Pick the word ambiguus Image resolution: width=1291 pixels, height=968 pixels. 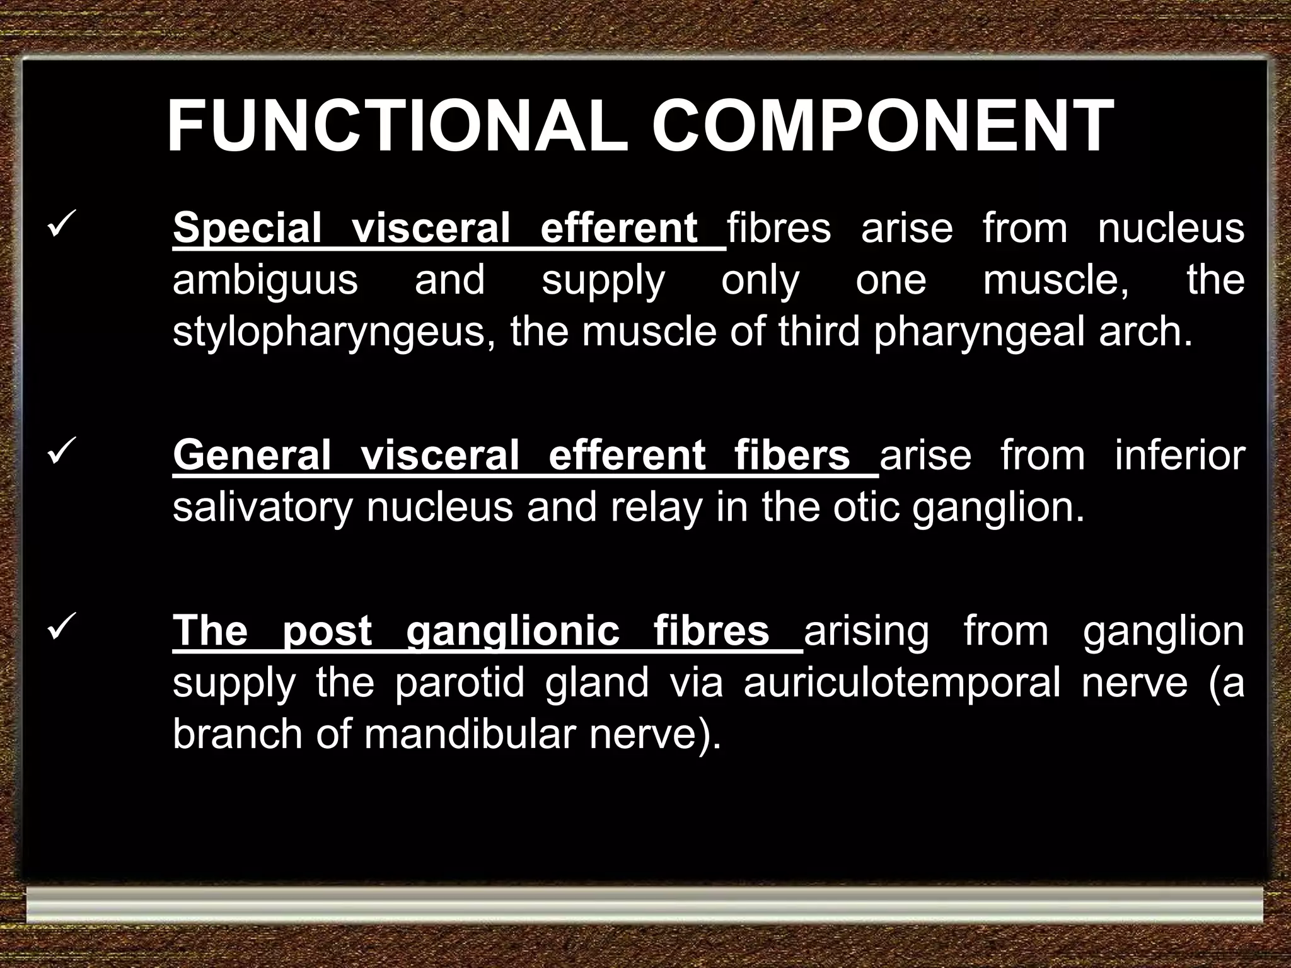(265, 280)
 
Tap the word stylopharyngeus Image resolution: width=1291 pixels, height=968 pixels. (333, 332)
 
